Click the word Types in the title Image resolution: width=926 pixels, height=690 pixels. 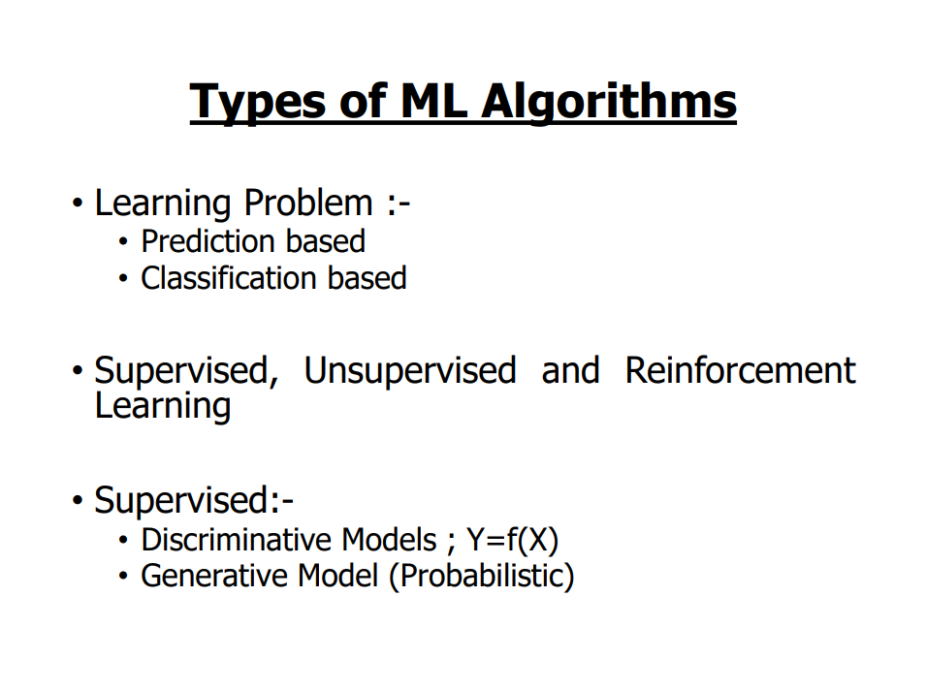pos(258,103)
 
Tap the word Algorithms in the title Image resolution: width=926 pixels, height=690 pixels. pos(609,103)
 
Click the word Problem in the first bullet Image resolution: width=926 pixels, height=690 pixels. pos(308,204)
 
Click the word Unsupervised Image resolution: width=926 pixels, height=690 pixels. pos(410,372)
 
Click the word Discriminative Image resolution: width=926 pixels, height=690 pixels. pos(239,540)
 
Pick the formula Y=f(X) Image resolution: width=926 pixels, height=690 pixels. pos(512,540)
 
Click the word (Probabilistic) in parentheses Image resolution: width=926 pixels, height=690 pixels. pos(481,577)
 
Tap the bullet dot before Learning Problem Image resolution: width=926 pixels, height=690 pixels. pos(78,204)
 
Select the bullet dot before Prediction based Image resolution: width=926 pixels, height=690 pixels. pos(123,241)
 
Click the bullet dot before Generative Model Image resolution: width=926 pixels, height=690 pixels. pos(123,576)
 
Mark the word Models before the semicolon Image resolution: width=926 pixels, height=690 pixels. pos(390,540)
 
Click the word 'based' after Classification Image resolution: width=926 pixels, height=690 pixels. pos(367,278)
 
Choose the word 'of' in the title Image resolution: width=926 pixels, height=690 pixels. pos(364,101)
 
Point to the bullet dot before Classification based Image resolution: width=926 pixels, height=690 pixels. pos(123,278)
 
